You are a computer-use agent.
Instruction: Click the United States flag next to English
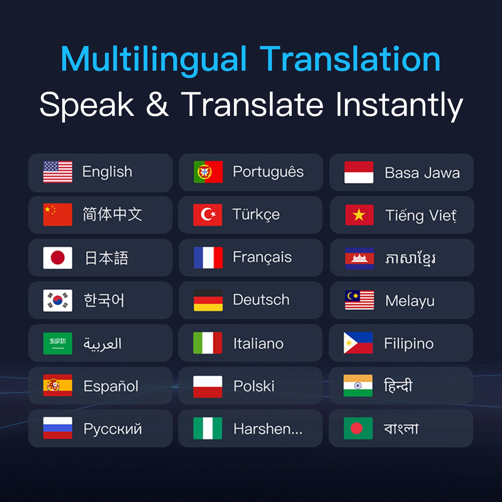tap(58, 172)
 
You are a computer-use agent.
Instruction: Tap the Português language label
tap(268, 172)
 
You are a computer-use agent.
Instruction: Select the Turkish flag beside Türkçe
tap(208, 215)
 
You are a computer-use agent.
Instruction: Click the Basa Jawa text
tap(422, 173)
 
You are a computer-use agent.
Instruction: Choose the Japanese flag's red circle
tap(58, 257)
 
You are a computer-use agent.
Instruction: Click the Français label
tap(262, 257)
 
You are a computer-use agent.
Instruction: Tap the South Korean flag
tap(58, 300)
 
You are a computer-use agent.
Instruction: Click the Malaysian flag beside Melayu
tap(359, 300)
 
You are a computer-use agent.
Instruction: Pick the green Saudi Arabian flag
tap(58, 343)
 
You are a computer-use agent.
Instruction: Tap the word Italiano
tap(259, 343)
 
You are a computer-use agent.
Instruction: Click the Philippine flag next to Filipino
tap(358, 343)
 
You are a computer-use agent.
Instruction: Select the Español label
tap(111, 386)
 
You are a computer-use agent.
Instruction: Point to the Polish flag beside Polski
tap(208, 386)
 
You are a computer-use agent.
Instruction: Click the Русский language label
tap(113, 429)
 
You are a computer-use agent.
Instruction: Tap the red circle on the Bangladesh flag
tap(356, 428)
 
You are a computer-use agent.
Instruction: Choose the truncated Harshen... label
tap(268, 429)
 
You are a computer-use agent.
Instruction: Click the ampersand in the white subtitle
tap(158, 104)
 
